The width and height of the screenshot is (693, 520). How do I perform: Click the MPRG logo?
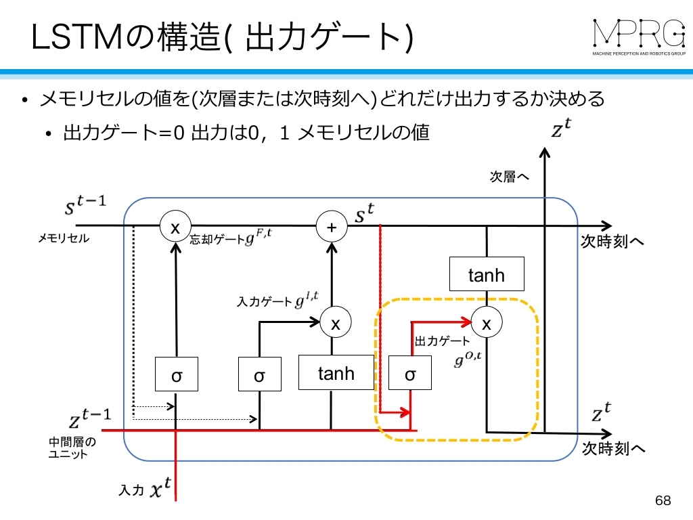[x=639, y=37]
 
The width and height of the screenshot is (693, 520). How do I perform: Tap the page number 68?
[x=663, y=500]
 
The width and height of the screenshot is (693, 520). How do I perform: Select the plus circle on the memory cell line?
[x=332, y=226]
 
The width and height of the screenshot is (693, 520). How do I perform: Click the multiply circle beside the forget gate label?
[x=175, y=226]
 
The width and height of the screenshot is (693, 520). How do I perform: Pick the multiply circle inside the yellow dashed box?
[x=487, y=322]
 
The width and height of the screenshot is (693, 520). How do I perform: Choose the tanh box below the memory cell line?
[x=487, y=274]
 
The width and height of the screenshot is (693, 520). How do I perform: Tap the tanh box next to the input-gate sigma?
[x=336, y=372]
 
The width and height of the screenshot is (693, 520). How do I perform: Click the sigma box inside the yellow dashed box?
[x=410, y=373]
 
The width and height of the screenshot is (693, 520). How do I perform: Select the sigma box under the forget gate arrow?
[x=177, y=374]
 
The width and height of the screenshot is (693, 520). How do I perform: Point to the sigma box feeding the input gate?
[x=259, y=374]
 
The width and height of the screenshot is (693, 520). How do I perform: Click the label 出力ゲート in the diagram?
[x=442, y=341]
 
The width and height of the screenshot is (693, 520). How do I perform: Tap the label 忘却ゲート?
[x=217, y=239]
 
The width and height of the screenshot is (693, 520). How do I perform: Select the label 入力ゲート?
[x=265, y=301]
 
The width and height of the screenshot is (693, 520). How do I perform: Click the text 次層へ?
[x=509, y=177]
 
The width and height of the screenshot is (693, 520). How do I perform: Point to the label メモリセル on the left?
[x=64, y=238]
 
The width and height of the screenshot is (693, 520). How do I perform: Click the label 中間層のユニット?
[x=72, y=448]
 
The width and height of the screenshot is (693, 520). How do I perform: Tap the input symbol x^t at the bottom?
[x=161, y=487]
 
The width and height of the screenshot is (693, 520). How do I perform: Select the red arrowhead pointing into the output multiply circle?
[x=466, y=322]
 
